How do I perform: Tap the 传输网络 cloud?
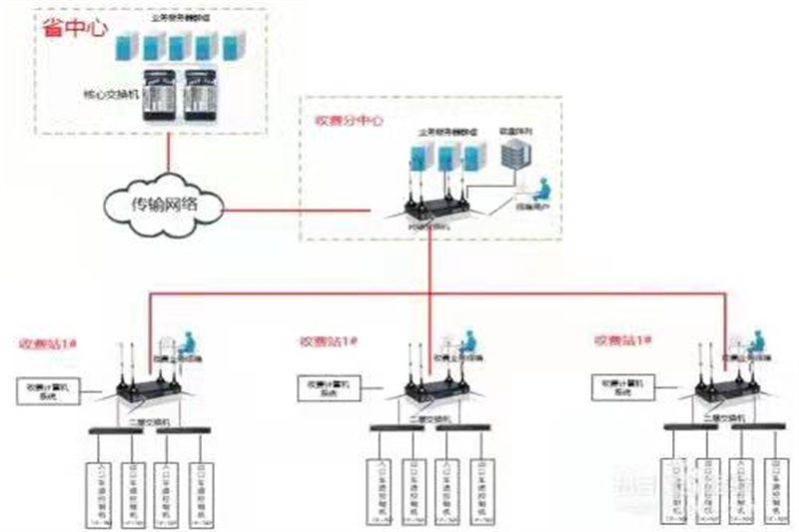click(165, 206)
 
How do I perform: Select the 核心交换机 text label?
click(109, 97)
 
